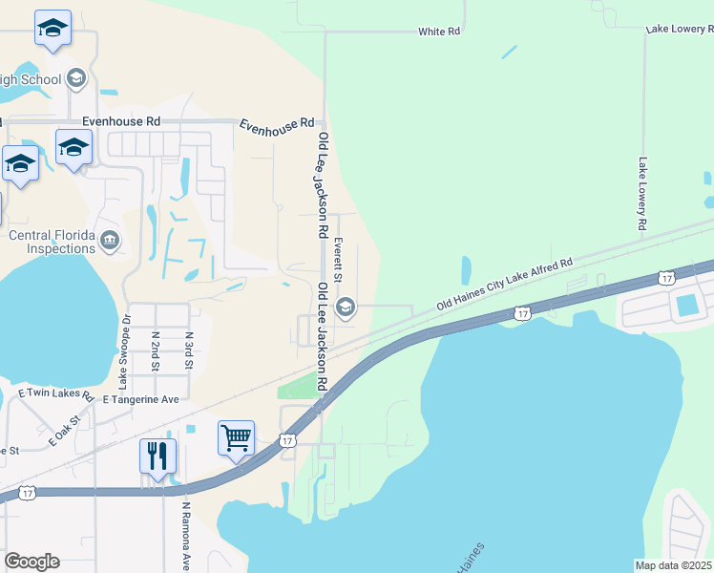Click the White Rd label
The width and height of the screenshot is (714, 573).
(439, 32)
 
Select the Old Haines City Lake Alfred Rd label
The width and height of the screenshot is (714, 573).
(504, 283)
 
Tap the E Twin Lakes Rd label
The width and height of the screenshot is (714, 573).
(55, 393)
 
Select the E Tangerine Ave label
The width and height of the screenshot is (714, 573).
(141, 399)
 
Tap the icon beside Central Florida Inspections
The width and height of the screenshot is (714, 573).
(110, 239)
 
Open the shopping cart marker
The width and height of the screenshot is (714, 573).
(236, 437)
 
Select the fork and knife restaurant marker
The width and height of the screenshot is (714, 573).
(158, 455)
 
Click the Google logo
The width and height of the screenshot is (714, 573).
(31, 562)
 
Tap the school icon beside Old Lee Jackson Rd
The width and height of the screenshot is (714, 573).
(346, 307)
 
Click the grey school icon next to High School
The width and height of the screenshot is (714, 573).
(77, 79)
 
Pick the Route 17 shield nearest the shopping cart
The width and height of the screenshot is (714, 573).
(287, 440)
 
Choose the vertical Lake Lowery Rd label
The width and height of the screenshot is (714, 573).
(642, 194)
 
